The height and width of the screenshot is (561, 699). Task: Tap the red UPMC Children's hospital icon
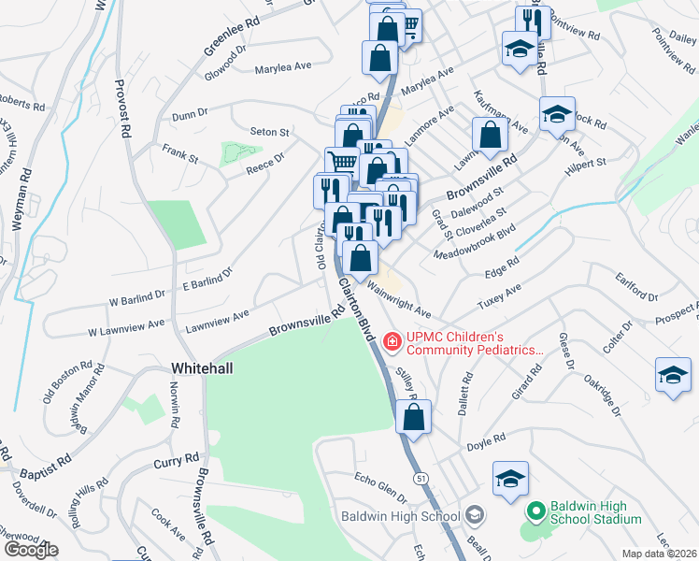pyautogui.click(x=391, y=343)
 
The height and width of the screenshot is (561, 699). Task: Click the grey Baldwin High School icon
pyautogui.click(x=475, y=516)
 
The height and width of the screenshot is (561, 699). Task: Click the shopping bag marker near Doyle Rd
pyautogui.click(x=413, y=418)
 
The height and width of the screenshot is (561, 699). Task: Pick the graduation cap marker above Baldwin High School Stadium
pyautogui.click(x=510, y=480)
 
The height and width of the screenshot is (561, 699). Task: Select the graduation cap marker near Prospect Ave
pyautogui.click(x=673, y=376)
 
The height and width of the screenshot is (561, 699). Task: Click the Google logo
pyautogui.click(x=30, y=550)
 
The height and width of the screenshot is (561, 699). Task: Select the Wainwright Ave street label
pyautogui.click(x=399, y=300)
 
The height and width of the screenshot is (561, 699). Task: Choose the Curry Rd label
pyautogui.click(x=178, y=462)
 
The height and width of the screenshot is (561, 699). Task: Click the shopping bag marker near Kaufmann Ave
pyautogui.click(x=490, y=136)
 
